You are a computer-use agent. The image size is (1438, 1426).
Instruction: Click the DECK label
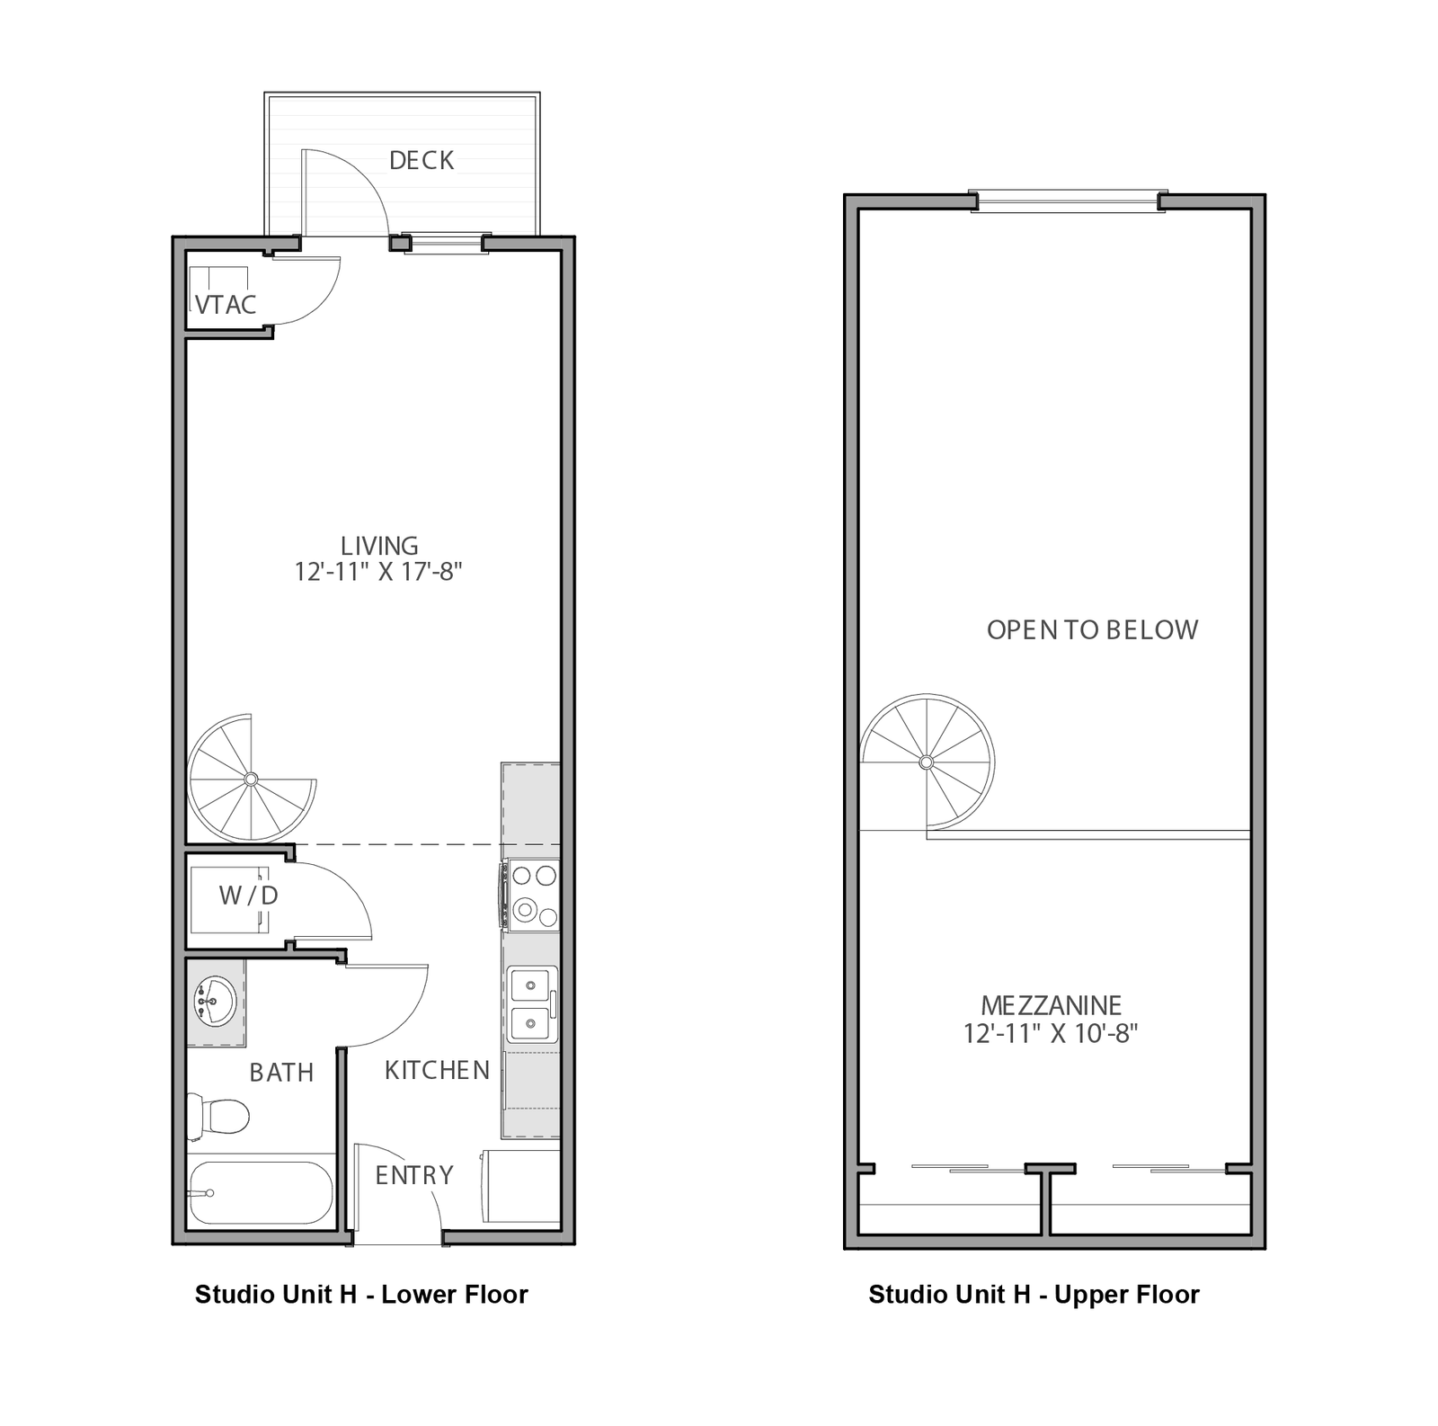(422, 160)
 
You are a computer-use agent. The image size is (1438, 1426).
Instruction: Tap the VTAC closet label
(226, 305)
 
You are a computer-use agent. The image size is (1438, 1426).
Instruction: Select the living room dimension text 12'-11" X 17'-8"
(378, 571)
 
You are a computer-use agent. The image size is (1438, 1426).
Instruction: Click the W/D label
(248, 895)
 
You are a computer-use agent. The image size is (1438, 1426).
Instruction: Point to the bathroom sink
(215, 1001)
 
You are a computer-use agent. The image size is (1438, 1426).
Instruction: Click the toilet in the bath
(217, 1116)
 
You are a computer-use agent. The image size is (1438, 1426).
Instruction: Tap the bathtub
(261, 1193)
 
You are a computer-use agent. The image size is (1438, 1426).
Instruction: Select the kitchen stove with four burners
(532, 895)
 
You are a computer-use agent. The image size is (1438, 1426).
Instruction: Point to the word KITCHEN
(437, 1070)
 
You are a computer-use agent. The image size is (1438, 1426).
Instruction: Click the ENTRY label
(414, 1175)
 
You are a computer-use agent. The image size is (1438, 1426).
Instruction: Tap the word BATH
(281, 1073)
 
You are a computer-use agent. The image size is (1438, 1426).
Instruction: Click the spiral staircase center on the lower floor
(251, 779)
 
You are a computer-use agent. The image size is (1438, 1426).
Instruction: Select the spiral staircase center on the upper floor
(927, 762)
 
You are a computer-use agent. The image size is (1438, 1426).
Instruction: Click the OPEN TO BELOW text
(1092, 629)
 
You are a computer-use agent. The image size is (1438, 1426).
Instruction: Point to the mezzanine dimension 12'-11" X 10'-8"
(1051, 1033)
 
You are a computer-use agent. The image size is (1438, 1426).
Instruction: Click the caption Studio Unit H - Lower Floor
(361, 1295)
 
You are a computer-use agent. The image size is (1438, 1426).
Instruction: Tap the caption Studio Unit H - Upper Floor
(1034, 1295)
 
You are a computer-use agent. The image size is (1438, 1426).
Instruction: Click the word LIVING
(379, 546)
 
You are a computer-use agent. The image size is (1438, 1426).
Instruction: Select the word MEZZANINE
(1051, 1005)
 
